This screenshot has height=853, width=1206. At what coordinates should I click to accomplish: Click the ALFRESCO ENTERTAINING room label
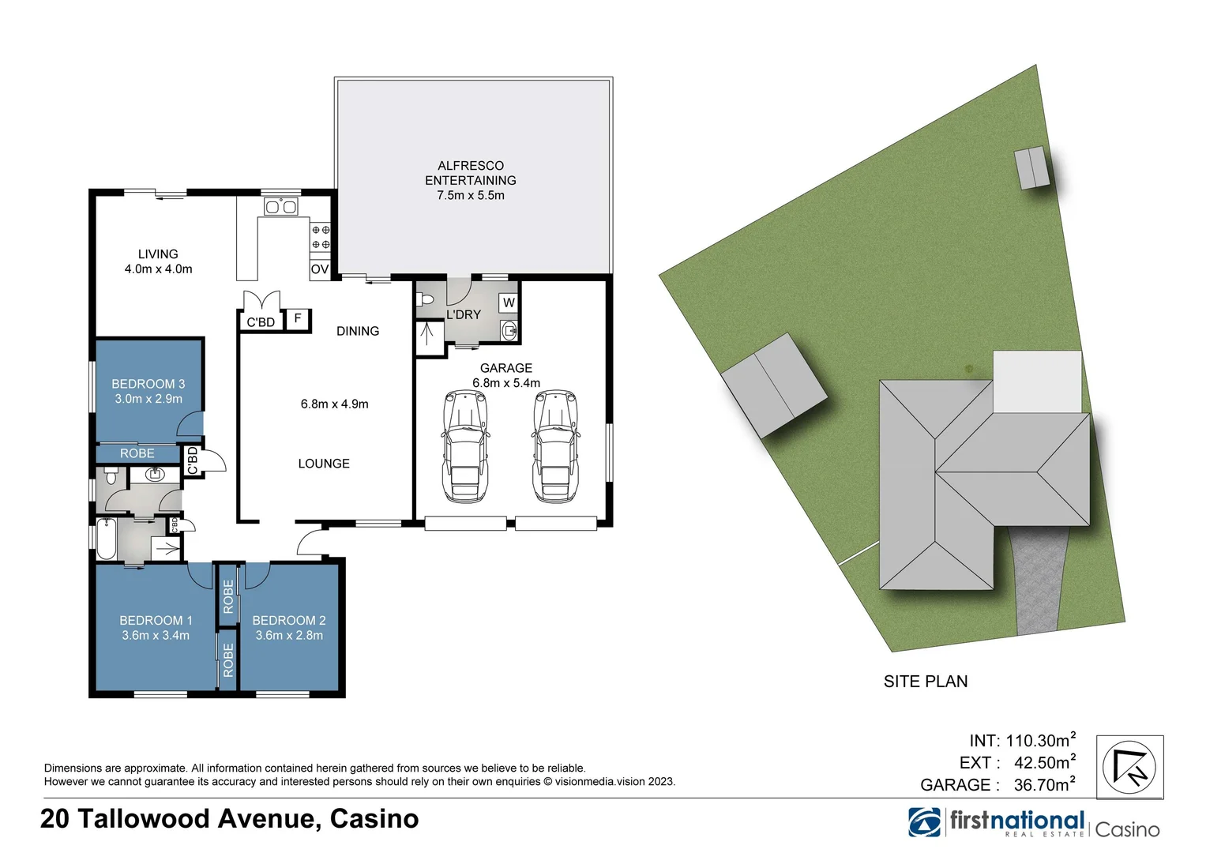point(471,173)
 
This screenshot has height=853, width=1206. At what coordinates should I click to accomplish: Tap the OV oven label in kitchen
point(320,269)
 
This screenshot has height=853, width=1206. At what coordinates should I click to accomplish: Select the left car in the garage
point(464,446)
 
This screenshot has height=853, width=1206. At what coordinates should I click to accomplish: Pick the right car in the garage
point(555,446)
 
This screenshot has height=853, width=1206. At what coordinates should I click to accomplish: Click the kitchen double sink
point(280,207)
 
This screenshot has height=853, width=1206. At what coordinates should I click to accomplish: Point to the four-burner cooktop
point(320,237)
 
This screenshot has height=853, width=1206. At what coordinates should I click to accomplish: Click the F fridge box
point(297,318)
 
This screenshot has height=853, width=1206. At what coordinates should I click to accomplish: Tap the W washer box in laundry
point(509,302)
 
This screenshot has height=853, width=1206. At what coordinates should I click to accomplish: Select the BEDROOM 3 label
point(148,384)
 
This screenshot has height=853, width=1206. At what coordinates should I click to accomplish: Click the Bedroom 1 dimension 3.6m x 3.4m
point(156,635)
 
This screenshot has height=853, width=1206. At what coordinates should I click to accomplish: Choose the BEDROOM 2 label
point(289,621)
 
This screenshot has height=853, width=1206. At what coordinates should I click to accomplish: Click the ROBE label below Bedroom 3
point(137,453)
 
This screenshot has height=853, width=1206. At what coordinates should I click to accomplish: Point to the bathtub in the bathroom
point(107,539)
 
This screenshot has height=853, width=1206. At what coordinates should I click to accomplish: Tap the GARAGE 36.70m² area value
point(1044,784)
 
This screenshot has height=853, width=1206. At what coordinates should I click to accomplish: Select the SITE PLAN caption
point(926,682)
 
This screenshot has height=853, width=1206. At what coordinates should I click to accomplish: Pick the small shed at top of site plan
point(1032,168)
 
